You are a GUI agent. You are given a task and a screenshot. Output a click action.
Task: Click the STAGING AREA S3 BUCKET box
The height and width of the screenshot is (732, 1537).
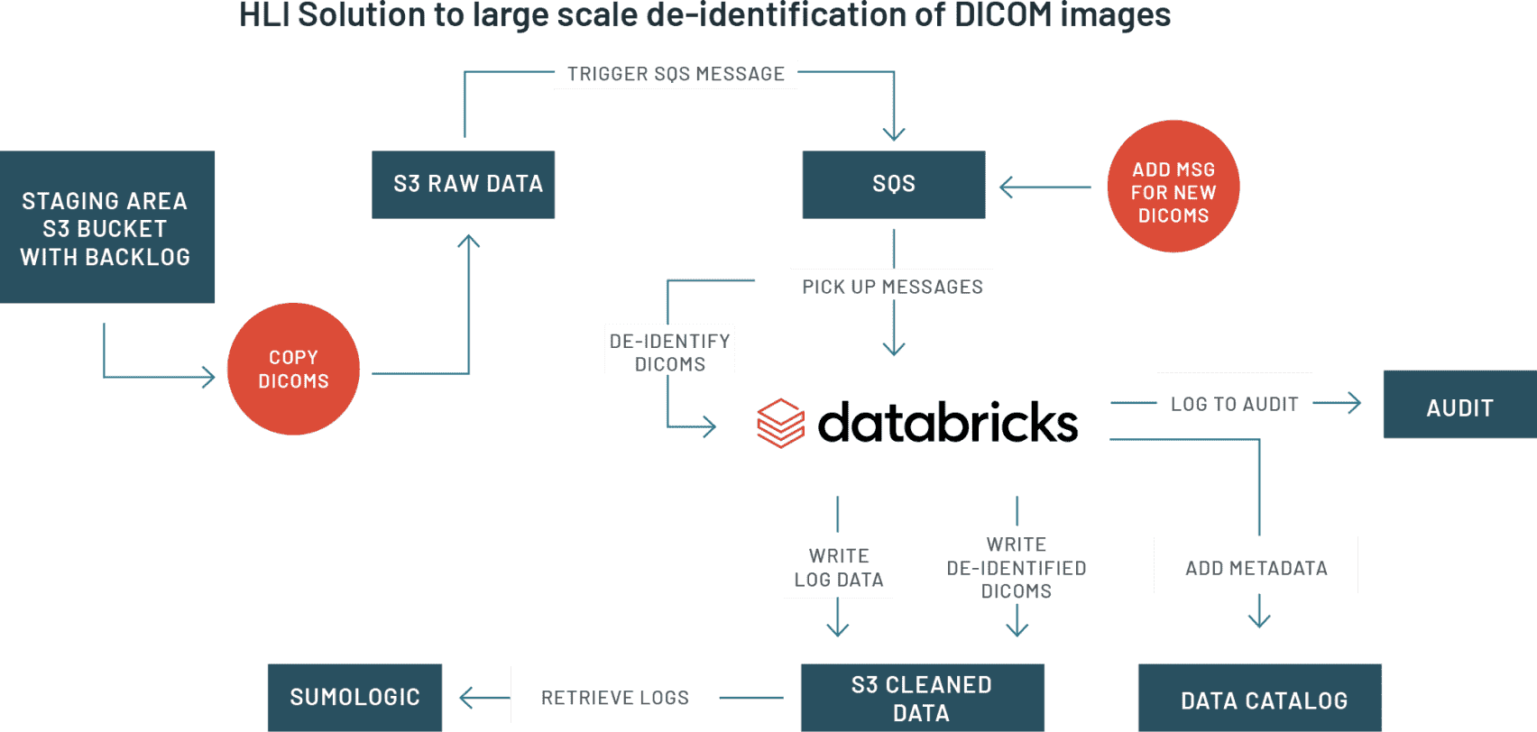[106, 227]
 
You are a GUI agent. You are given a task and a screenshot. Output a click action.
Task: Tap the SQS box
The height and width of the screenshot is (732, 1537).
[893, 184]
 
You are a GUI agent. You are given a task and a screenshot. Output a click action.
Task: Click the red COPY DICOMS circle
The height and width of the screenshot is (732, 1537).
[293, 369]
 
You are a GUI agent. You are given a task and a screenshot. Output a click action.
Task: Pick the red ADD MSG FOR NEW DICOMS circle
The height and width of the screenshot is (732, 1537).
[1173, 187]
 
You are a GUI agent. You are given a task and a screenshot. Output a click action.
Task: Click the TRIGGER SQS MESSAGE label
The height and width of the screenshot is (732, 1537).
[676, 74]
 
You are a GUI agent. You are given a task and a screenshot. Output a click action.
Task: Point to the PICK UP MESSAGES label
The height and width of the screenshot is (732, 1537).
[892, 285]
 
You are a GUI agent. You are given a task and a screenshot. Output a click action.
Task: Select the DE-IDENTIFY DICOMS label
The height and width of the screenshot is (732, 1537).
[670, 350]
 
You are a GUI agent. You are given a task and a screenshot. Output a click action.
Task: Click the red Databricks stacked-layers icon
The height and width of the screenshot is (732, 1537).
[780, 423]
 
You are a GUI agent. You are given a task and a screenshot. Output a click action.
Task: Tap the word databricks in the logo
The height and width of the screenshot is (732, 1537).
[947, 422]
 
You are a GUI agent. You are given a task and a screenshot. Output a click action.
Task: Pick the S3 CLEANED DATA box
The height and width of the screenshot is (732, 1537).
[922, 698]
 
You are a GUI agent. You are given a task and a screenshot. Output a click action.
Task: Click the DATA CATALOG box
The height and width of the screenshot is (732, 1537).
[1263, 700]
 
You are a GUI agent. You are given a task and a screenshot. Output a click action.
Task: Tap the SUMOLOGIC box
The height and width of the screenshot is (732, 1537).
[354, 697]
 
